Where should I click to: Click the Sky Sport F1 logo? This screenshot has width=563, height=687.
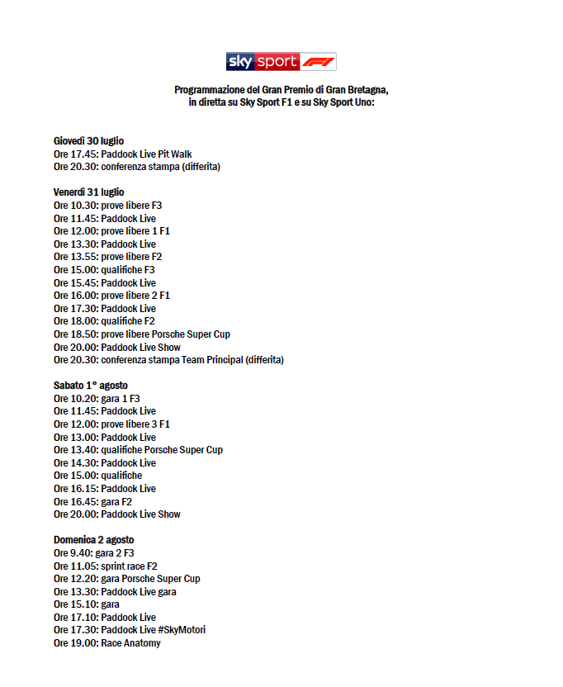(x=281, y=62)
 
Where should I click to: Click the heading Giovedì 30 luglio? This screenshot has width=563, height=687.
(x=88, y=141)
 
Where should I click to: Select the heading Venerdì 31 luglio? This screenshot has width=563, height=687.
(x=89, y=192)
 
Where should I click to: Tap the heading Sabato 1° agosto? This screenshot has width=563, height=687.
(x=91, y=386)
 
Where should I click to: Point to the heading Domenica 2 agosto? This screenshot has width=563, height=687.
(x=93, y=540)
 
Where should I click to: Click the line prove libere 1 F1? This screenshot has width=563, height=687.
(x=111, y=231)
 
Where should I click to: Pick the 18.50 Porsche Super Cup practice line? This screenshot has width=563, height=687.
(x=142, y=334)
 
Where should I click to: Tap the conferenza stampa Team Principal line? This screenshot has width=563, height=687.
(x=168, y=360)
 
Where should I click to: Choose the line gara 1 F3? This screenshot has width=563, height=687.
(x=97, y=399)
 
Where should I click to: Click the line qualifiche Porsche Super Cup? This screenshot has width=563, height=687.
(x=138, y=450)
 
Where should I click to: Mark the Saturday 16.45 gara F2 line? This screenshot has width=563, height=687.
(x=92, y=501)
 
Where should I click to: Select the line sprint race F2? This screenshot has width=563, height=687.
(x=105, y=566)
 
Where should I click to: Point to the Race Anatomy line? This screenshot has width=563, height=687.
(x=107, y=643)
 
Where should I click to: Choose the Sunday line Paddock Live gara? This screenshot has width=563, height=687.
(x=115, y=591)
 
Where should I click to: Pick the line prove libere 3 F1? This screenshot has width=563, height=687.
(x=111, y=424)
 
